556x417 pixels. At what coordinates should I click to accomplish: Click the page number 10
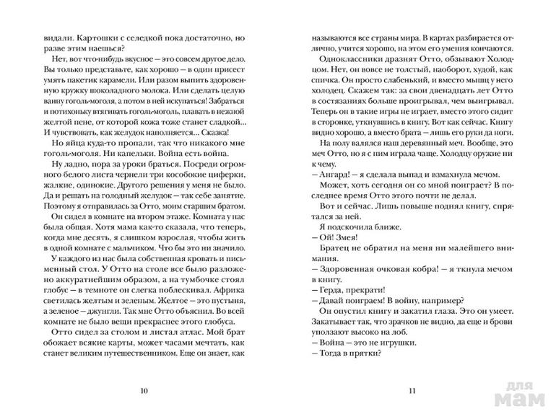coord(144,391)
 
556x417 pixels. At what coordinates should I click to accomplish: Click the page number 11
coord(412,391)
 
